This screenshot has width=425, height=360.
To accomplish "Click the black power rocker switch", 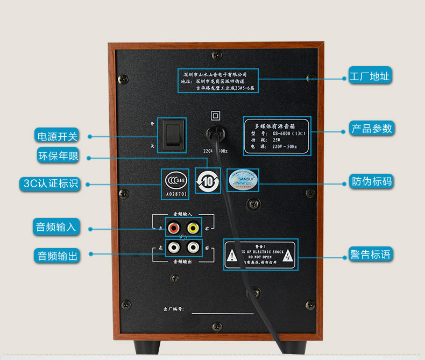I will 172,135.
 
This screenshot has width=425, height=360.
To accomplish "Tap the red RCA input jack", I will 174,228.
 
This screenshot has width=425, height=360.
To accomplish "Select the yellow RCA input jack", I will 192,228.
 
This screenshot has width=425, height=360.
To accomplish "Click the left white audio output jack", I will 174,248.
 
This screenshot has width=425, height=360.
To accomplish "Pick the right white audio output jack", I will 192,248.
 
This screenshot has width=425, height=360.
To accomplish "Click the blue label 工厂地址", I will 369,76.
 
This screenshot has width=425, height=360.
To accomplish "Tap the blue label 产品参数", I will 372,128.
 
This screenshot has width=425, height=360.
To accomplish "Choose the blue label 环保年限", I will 58,156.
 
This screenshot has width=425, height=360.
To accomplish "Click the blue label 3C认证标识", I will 51,183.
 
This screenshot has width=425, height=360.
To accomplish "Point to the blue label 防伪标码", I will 371,181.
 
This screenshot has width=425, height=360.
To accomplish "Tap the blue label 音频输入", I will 56,227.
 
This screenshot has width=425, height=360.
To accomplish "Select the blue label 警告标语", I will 370,254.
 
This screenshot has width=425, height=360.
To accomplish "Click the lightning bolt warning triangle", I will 288,256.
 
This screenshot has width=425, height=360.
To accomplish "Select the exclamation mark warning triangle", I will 232,256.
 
